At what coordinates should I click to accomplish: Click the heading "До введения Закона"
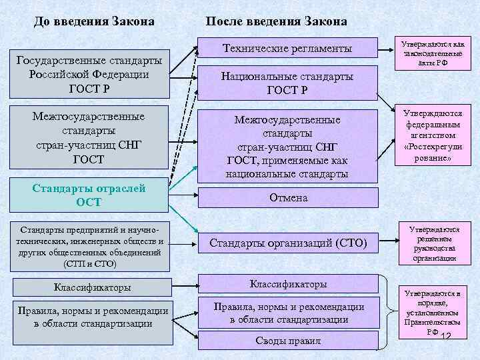94,21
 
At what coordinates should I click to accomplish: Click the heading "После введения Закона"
276,21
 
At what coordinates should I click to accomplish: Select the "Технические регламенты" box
287,49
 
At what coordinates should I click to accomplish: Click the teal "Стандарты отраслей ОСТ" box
89,194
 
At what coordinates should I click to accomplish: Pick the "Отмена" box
288,198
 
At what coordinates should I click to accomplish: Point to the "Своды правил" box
288,341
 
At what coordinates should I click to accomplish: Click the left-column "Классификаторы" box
92,288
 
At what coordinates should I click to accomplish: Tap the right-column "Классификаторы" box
288,284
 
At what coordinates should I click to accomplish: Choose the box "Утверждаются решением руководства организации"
434,243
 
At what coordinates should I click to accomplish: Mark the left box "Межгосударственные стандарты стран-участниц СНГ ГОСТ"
89,138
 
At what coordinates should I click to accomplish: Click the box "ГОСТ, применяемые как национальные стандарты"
287,147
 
